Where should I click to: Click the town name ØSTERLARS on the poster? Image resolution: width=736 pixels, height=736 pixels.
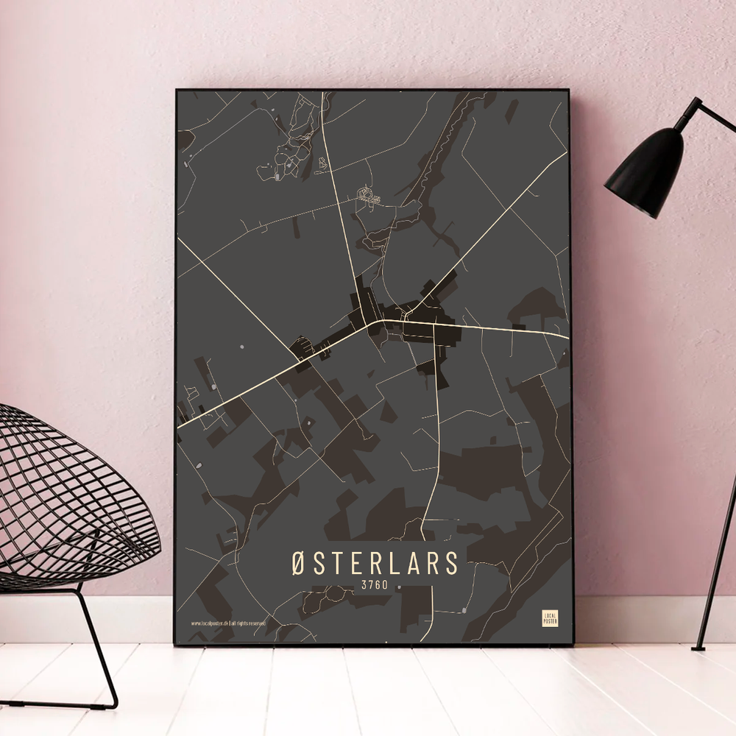point(374,563)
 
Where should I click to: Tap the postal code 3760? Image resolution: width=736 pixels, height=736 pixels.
point(374,587)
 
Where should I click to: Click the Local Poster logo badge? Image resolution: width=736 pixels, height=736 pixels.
point(549,618)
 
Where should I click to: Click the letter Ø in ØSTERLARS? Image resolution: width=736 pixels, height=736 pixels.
point(297,563)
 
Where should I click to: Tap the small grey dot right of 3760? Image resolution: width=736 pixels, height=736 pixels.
point(398,587)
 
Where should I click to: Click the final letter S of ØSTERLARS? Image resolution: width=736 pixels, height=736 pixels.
point(450,563)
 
